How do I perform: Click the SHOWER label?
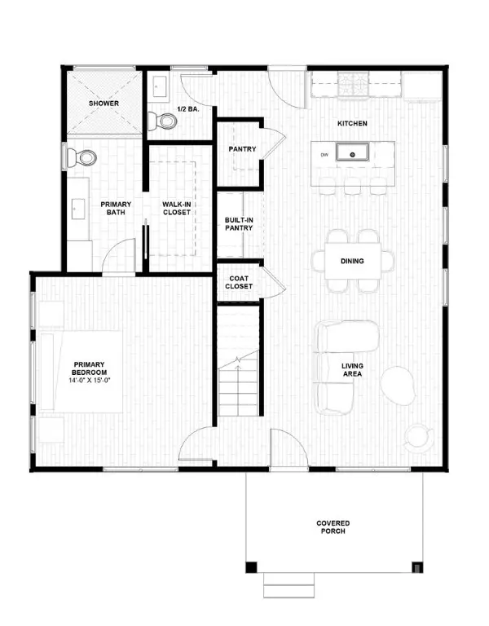[105, 104]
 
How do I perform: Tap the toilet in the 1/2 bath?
[168, 121]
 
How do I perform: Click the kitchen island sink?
[354, 152]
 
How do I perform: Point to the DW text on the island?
[324, 154]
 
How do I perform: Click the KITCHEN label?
[352, 124]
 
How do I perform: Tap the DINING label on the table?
[352, 262]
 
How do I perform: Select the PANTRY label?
[242, 149]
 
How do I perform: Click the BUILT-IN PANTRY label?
[239, 223]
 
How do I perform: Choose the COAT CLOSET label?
[240, 283]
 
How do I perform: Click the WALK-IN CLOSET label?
[176, 208]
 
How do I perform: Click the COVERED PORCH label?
[334, 527]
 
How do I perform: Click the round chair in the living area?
[399, 385]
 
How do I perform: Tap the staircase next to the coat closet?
[240, 367]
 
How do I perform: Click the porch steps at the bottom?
[290, 585]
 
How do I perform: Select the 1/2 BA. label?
[192, 106]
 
